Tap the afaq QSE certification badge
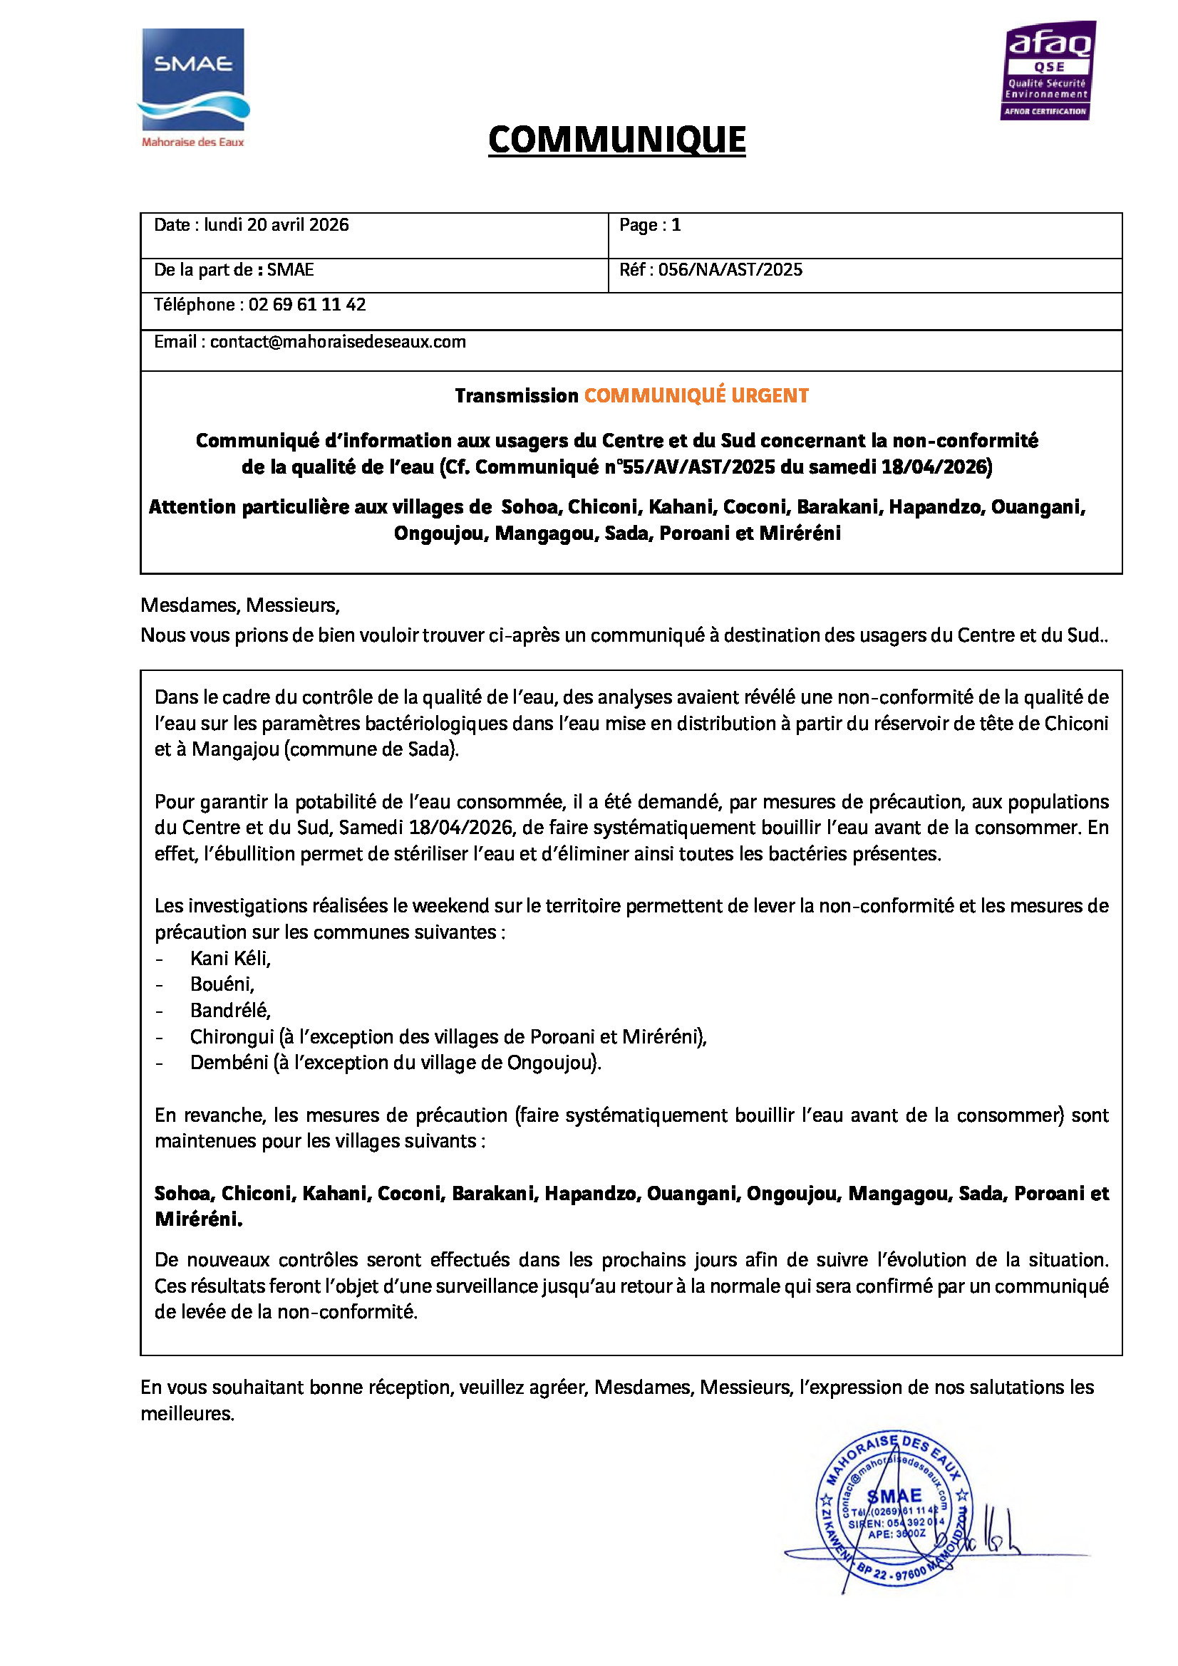tap(1048, 71)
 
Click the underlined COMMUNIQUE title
tap(616, 140)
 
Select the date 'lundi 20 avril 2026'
tap(276, 225)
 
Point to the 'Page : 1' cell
tap(650, 225)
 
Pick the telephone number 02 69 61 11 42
tap(307, 305)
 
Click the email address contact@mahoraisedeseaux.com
tap(338, 342)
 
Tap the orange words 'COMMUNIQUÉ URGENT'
tap(696, 395)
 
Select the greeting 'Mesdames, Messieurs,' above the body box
tap(240, 605)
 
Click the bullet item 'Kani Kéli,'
tap(230, 959)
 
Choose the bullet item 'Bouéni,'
tap(222, 984)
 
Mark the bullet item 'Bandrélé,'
tap(230, 1011)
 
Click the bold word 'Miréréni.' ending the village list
tap(198, 1219)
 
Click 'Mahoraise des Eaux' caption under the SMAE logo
tap(193, 143)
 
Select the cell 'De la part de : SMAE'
tap(234, 270)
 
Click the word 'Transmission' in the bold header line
tap(516, 395)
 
